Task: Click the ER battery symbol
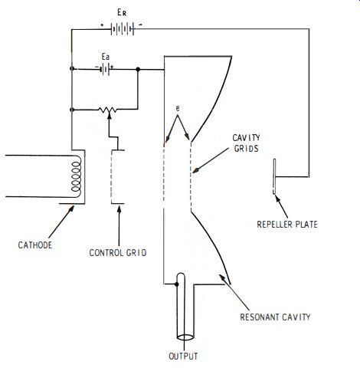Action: [x=123, y=29]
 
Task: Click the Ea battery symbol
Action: [x=105, y=69]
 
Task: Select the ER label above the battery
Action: [x=122, y=12]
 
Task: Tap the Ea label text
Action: [x=106, y=57]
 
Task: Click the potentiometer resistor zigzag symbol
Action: [x=107, y=110]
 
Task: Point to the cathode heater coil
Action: [x=77, y=176]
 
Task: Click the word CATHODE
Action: [x=35, y=245]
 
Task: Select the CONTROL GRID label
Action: [x=118, y=253]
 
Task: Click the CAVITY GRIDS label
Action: [x=247, y=143]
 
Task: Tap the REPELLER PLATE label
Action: [x=287, y=225]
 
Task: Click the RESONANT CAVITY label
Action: [x=275, y=317]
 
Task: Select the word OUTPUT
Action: [x=183, y=356]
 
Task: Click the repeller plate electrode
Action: [x=274, y=176]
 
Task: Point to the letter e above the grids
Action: [x=178, y=108]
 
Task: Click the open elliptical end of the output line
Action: [x=185, y=337]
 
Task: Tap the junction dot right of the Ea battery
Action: [x=138, y=69]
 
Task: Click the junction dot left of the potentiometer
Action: [x=72, y=110]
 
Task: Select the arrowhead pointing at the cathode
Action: [x=71, y=209]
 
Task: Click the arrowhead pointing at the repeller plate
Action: [x=277, y=199]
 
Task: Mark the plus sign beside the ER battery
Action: [x=102, y=25]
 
